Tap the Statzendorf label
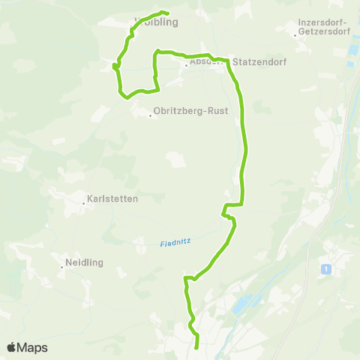click(257, 62)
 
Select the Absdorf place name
click(204, 63)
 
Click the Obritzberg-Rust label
click(184, 115)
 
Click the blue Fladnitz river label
click(176, 242)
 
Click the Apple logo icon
click(12, 347)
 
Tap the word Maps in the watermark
click(33, 347)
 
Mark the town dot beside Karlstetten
click(83, 201)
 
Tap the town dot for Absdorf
click(185, 64)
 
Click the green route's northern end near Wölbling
click(166, 13)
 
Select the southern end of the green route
click(196, 347)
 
